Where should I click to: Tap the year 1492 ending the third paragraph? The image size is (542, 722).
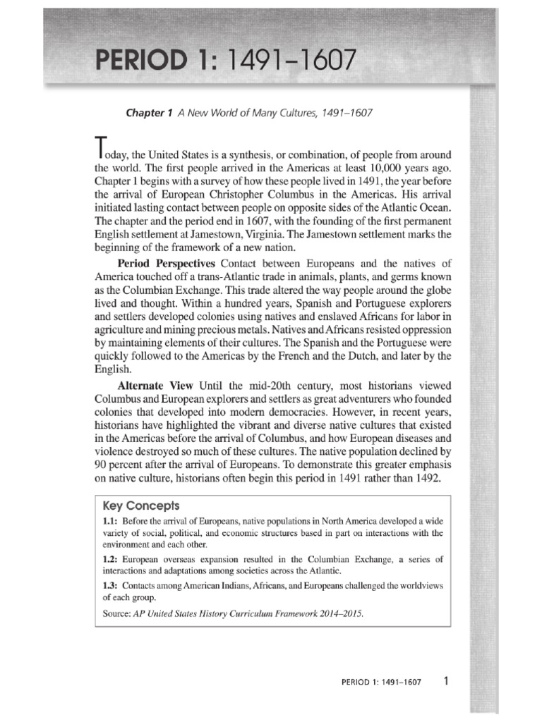coord(426,478)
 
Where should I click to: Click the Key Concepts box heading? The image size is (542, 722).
coord(141,506)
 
